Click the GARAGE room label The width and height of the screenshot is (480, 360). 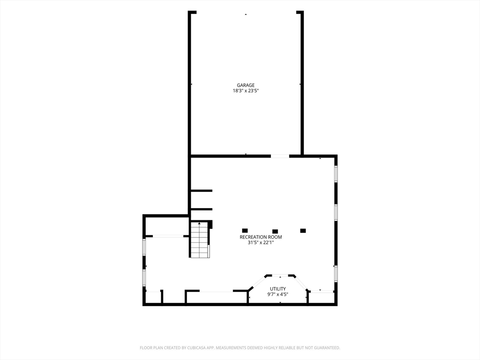[246, 85]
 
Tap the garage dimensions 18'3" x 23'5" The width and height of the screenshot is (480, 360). [246, 90]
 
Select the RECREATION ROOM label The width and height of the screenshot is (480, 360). [261, 237]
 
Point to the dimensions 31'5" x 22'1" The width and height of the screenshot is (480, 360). [261, 242]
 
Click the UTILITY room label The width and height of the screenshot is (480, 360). [277, 289]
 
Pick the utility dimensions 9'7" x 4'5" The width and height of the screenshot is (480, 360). [277, 294]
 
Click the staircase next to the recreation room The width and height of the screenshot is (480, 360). [200, 240]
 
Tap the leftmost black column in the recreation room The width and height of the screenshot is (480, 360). [245, 231]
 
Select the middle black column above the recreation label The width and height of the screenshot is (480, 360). [275, 232]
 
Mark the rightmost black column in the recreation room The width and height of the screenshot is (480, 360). [303, 231]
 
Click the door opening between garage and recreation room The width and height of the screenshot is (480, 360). [280, 156]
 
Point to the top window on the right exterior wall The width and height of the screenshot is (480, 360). [336, 174]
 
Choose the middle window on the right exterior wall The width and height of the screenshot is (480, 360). [336, 212]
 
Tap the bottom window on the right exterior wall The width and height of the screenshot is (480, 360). [336, 274]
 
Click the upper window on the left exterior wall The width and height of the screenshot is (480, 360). [144, 247]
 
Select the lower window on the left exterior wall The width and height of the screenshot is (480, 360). [144, 277]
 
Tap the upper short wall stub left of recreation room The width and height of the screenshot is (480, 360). [202, 191]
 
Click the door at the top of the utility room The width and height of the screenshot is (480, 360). [280, 276]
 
